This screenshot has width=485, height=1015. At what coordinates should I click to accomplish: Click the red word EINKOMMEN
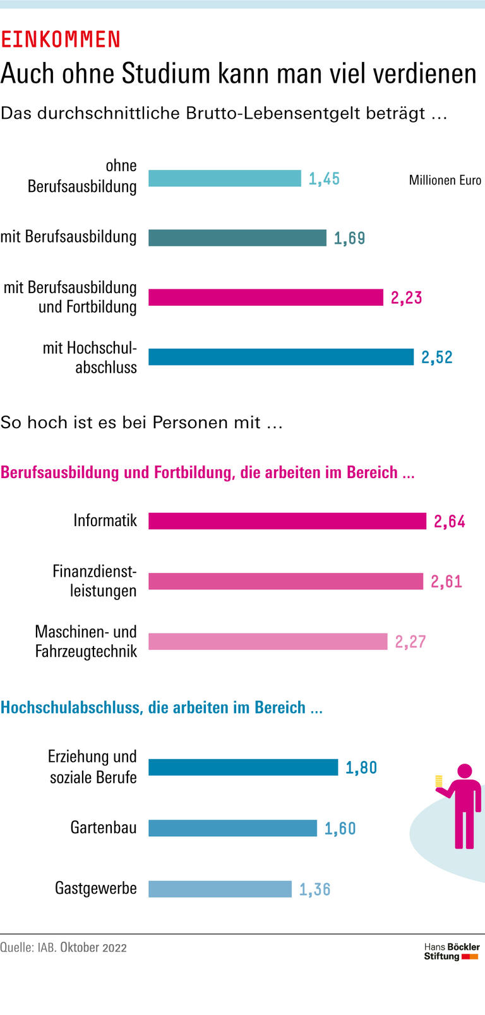pos(61,40)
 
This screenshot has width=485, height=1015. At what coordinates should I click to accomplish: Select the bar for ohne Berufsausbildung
pos(224,179)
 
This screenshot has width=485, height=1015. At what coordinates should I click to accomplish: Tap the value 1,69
pos(349,238)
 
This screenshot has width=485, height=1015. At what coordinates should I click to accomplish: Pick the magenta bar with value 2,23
pos(266,297)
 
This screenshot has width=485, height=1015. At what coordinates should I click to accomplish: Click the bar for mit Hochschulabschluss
pos(281,357)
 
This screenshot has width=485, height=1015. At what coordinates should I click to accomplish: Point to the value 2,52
pos(437,357)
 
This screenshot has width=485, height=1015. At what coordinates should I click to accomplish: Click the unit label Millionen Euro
pos(445,181)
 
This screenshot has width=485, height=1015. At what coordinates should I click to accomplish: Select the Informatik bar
pos(287,521)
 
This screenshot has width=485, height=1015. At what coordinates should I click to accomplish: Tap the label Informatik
pos(105,520)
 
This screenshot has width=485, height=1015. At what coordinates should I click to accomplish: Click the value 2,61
pos(446,581)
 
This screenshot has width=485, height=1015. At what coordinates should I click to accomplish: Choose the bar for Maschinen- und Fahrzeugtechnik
pos(268,642)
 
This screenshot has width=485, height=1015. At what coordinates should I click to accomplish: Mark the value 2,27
pos(410,642)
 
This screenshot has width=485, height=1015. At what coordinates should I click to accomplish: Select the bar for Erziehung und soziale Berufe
pos(243,767)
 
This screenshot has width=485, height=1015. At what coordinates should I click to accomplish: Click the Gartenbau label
pos(104,827)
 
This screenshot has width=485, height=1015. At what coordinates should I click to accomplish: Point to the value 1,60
pos(340,829)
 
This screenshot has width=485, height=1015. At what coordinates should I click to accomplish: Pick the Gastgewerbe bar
pos(220,889)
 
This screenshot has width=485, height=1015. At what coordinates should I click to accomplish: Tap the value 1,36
pos(314,890)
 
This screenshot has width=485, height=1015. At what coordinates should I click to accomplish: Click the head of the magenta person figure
pos(465,771)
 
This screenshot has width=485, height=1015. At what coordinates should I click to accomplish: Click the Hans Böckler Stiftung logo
pos(452,952)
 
